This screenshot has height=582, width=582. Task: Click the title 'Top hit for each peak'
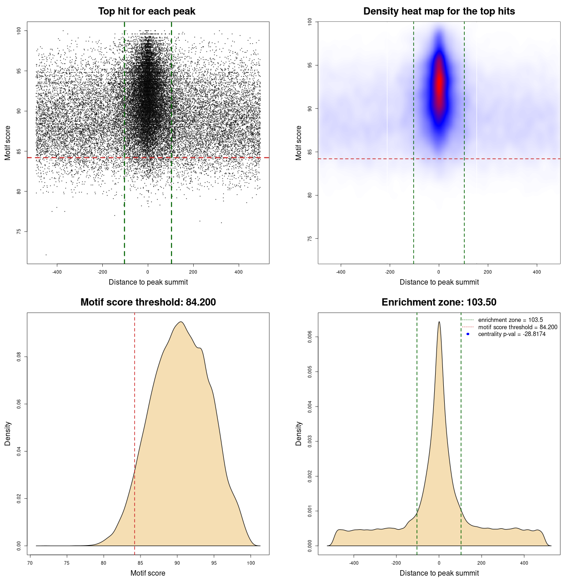pos(146,11)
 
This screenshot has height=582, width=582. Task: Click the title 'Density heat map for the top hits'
pos(439,11)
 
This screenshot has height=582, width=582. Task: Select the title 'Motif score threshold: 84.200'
pos(148,302)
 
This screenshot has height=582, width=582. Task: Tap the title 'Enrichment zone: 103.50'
pos(439,302)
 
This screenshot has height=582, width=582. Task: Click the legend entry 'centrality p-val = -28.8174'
pos(512,334)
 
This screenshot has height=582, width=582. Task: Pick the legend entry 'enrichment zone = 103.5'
pos(510,320)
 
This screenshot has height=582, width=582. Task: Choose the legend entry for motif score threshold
pos(517,327)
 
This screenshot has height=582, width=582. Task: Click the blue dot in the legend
pos(468,334)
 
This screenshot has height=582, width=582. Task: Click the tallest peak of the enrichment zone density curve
pos(439,322)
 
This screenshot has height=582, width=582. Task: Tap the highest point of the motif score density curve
pos(181,322)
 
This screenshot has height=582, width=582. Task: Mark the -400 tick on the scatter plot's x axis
pos(57,272)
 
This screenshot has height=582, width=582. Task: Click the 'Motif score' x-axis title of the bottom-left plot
pos(148,573)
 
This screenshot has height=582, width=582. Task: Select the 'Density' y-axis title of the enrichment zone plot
pos(299,433)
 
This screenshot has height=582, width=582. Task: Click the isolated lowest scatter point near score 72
pos(46,255)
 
